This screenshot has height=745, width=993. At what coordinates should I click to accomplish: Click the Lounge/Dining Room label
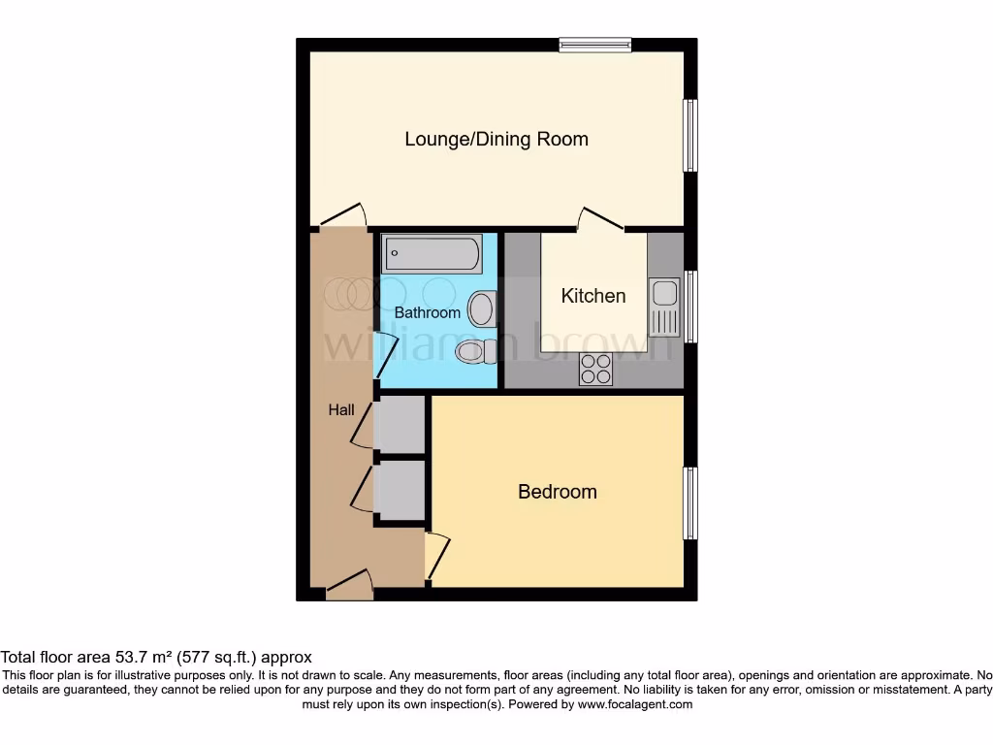pos(496,139)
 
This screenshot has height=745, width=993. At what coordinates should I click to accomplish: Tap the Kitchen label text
pos(593,295)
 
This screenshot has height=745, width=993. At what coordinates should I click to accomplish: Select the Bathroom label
pos(427,312)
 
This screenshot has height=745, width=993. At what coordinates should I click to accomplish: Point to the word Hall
pos(340,410)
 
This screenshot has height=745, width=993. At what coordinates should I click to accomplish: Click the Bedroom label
pos(557,492)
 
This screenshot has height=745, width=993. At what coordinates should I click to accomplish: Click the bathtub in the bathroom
pos(432,254)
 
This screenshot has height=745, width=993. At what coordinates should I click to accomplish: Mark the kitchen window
pos(690,306)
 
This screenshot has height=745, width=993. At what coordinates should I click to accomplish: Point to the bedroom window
pos(690,503)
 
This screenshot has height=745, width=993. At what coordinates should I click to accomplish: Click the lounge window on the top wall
pos(595,44)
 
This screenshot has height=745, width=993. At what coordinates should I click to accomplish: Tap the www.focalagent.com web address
pos(635,704)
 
